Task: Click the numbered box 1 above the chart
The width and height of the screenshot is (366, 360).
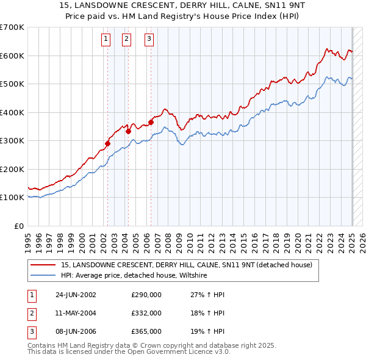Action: [106, 40]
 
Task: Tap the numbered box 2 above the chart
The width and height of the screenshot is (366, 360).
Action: [126, 40]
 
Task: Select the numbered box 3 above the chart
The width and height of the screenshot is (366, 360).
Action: [149, 40]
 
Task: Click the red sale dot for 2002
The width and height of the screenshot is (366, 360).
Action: [108, 143]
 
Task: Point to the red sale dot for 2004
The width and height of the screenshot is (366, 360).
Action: [129, 131]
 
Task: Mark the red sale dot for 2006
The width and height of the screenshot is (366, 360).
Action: [151, 122]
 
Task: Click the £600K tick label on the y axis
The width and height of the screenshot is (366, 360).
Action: [12, 56]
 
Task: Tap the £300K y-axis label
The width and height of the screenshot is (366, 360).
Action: [12, 140]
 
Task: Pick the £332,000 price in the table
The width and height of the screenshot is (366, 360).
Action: [146, 313]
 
